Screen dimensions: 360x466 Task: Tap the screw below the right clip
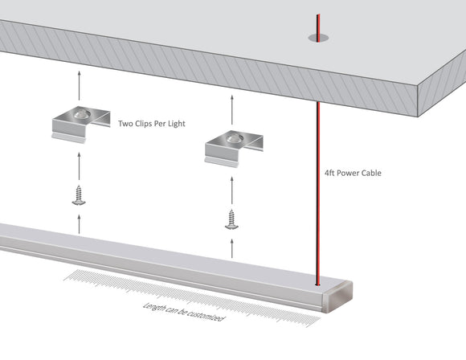tap(234, 219)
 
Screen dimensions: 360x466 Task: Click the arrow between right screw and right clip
tap(234, 188)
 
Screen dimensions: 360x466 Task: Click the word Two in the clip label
tap(126, 125)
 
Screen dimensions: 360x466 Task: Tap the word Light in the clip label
tap(176, 125)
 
